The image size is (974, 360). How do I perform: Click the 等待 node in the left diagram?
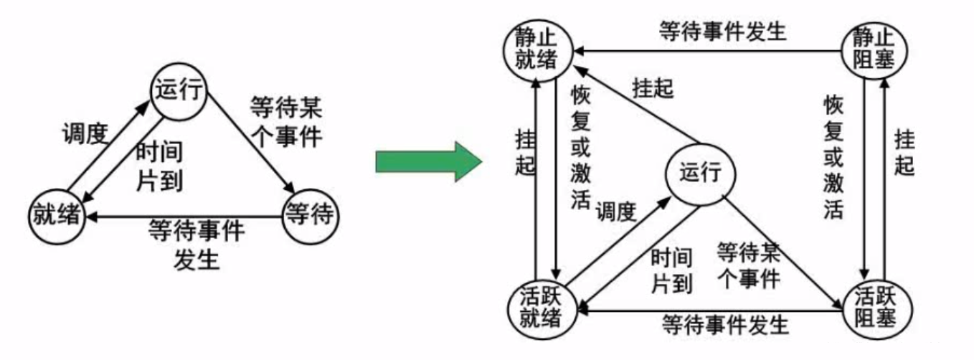tap(310, 215)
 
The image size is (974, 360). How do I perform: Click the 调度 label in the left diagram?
tap(85, 133)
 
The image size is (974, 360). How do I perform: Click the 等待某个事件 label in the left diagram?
tap(286, 122)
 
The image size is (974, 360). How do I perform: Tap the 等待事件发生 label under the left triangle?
tap(197, 244)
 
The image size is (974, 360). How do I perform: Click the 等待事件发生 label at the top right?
tap(722, 31)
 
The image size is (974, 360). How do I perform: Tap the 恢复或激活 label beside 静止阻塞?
tap(833, 158)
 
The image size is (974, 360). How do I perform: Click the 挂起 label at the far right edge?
tap(905, 151)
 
